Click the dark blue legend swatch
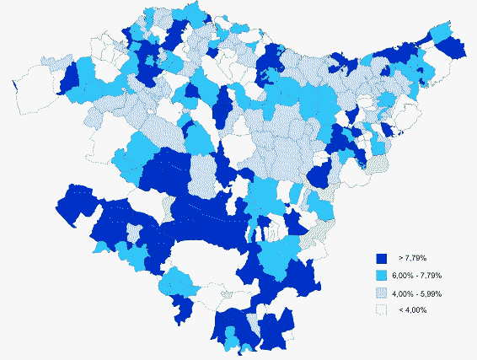[380, 259]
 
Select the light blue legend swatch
[380, 277]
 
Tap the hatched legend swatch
[380, 293]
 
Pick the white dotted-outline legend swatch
[380, 310]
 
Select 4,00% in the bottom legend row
[417, 310]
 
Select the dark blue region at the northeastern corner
[453, 48]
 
